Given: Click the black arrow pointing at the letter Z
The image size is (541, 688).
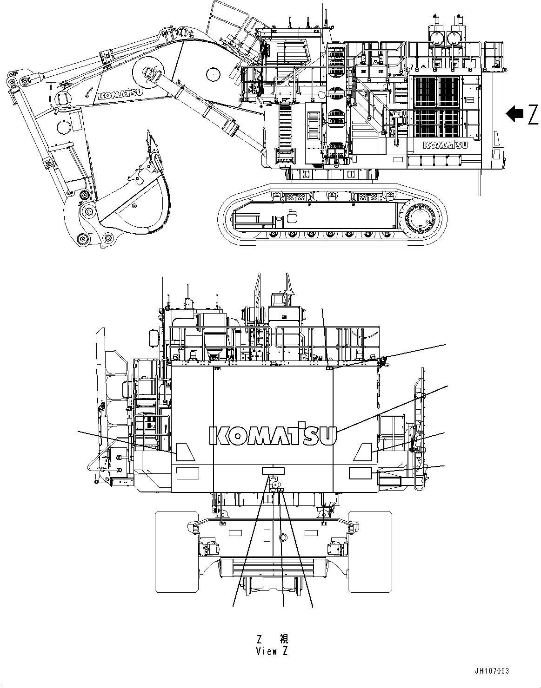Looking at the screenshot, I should [x=515, y=114].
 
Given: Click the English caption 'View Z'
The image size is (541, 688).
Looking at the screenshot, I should [x=272, y=651].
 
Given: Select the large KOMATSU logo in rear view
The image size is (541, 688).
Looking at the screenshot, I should [x=273, y=434].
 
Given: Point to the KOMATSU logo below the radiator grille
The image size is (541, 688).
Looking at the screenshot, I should [x=445, y=145].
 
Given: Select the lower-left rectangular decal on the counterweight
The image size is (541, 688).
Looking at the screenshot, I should [x=187, y=473].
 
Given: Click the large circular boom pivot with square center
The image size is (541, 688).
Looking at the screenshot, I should [x=148, y=72].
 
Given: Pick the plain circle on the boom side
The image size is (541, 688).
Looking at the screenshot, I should [x=212, y=73].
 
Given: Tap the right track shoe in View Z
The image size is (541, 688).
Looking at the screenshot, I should [x=370, y=551].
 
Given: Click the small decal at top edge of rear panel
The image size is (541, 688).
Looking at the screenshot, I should [x=329, y=368].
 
